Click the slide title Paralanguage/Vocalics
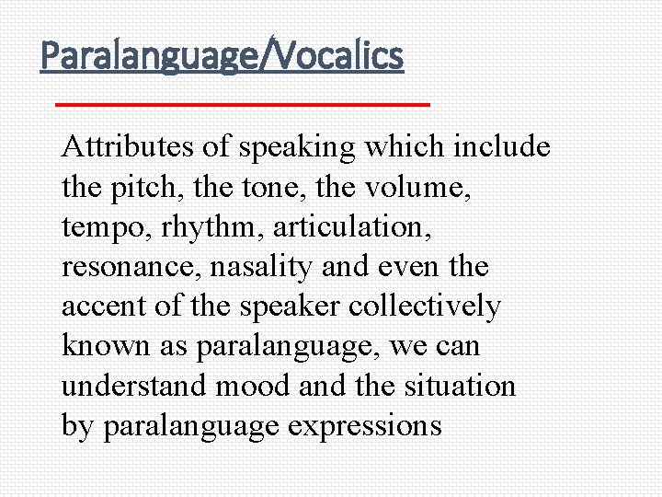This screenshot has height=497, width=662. [x=222, y=56]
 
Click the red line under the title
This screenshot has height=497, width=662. [x=243, y=105]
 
